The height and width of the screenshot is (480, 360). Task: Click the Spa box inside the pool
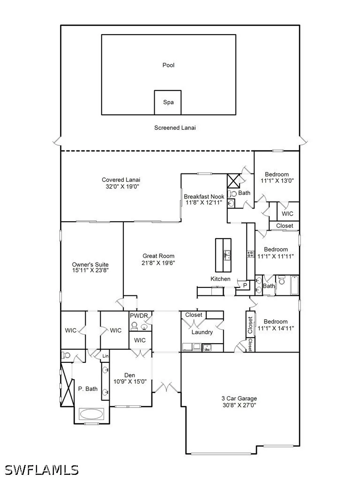click(168, 103)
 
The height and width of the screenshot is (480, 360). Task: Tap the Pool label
click(168, 65)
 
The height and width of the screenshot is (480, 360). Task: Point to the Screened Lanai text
click(175, 127)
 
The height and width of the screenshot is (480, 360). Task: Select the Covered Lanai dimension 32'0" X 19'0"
click(122, 187)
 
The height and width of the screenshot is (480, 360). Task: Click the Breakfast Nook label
click(204, 196)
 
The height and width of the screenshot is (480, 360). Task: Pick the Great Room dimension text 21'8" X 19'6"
click(158, 262)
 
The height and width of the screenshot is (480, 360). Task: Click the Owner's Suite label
click(90, 264)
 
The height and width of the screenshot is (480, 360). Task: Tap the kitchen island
click(223, 255)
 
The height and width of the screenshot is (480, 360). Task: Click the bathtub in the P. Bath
click(91, 414)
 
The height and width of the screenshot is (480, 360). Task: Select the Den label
click(130, 375)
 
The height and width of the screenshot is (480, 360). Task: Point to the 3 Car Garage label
click(239, 398)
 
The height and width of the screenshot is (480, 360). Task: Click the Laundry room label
click(202, 332)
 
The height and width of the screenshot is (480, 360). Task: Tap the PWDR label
click(139, 315)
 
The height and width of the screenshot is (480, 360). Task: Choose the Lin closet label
click(105, 356)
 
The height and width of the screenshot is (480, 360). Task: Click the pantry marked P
click(245, 285)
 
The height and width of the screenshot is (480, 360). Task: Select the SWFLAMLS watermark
click(41, 470)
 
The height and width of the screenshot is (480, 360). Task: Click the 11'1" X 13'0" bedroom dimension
click(277, 180)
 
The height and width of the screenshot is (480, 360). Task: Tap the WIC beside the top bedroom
click(287, 214)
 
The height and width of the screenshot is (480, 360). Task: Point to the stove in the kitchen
click(251, 254)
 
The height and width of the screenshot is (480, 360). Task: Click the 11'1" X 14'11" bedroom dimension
click(276, 328)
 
